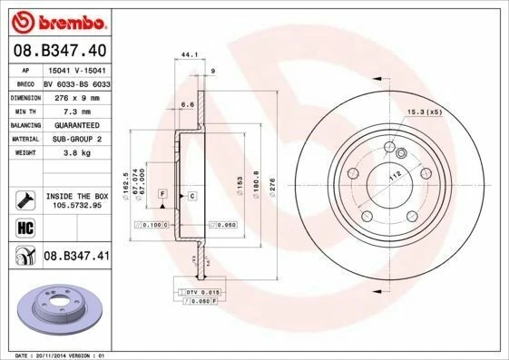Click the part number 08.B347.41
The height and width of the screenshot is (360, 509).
point(76,258)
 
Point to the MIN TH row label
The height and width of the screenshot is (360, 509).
point(26,110)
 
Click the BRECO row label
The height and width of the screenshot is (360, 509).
point(26,83)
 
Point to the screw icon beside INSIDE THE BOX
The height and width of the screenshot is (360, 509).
point(25,199)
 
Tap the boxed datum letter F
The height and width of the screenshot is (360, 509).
point(162,195)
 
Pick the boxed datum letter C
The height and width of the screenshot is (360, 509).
point(192,195)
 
